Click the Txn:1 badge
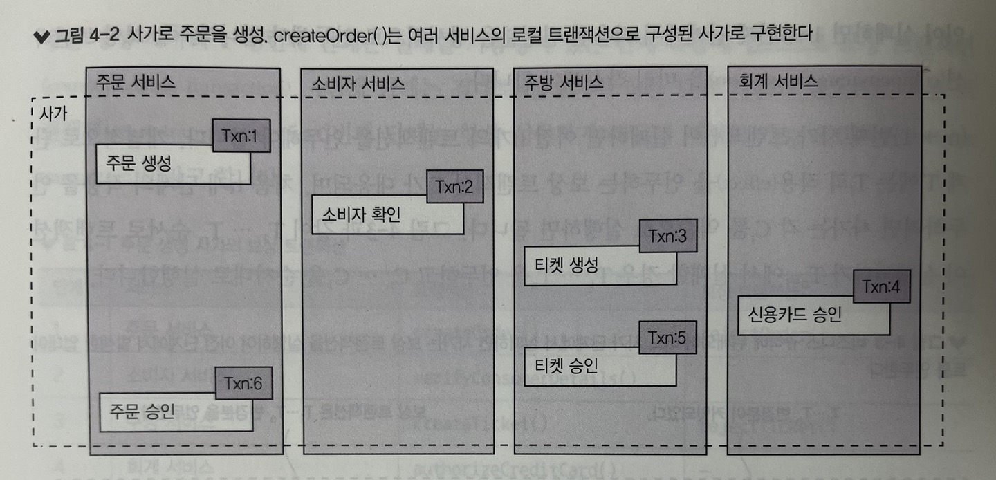(240, 136)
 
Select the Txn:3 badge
(667, 237)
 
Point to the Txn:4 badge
(880, 287)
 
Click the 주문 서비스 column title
(136, 81)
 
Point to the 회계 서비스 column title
(778, 81)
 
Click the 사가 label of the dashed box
(55, 114)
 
